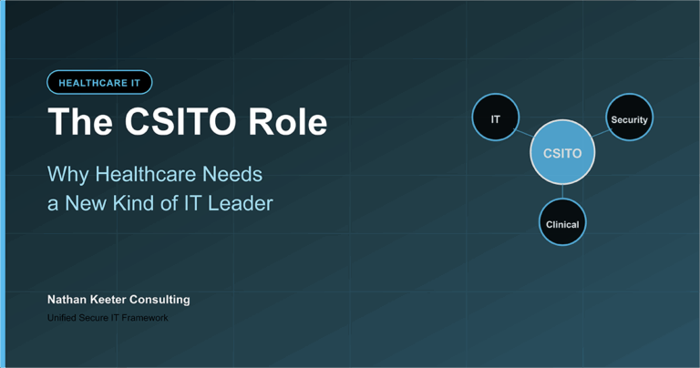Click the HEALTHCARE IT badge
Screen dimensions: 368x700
[x=99, y=83]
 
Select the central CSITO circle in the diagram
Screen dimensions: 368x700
[x=562, y=153]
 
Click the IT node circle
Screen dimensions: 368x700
[x=496, y=118]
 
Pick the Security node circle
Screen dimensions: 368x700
[x=629, y=118]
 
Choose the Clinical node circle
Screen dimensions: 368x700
[x=562, y=223]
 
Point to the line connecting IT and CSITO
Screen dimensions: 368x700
[x=525, y=134]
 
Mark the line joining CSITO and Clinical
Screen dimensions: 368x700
[x=562, y=192]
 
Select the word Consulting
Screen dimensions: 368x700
[x=163, y=299]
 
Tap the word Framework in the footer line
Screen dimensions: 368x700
[x=144, y=318]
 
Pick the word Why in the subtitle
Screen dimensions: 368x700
[x=67, y=174]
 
